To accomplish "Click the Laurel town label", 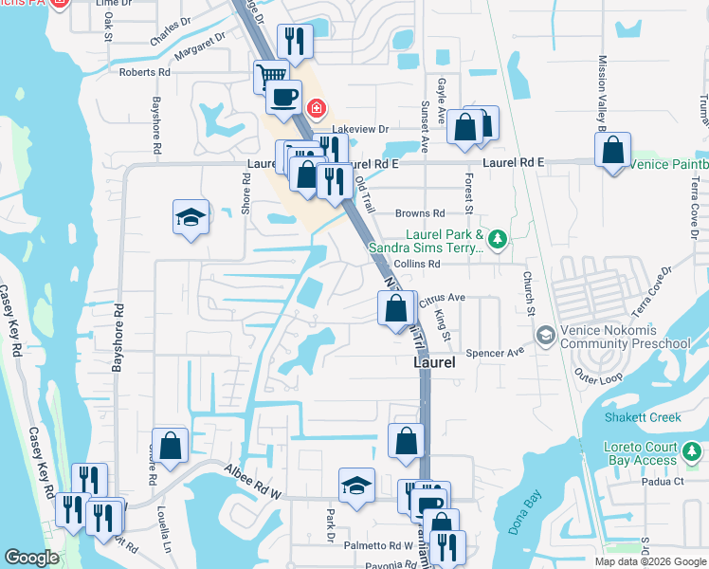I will coord(434,362).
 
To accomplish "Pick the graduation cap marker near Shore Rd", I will coord(191,217).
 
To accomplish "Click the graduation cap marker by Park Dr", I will coord(356,486).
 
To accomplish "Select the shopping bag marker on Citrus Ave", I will coord(395,307).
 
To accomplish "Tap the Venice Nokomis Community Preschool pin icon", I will coord(545,335).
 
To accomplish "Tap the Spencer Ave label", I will coord(501,352).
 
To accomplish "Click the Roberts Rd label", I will coord(144,72).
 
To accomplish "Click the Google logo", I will coord(31,558).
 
